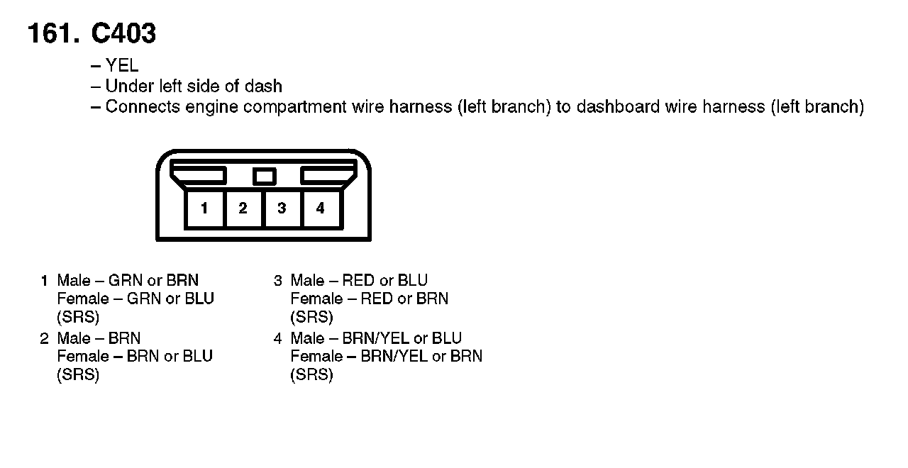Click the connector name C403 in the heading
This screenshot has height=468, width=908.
click(x=123, y=33)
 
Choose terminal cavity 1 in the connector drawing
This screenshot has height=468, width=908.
click(x=204, y=208)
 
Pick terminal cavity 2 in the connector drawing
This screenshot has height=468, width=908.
click(x=243, y=208)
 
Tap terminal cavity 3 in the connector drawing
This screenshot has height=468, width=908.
click(x=282, y=208)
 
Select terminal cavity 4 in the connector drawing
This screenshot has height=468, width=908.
click(x=321, y=208)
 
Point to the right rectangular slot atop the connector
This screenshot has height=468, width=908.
click(x=328, y=175)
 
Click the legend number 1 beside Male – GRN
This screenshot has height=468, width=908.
click(x=44, y=281)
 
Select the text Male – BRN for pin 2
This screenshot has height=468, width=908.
click(x=99, y=338)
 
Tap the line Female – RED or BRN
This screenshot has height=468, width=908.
click(x=369, y=299)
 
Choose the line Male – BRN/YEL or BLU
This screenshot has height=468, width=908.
click(x=376, y=338)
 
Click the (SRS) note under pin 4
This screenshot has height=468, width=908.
click(x=311, y=375)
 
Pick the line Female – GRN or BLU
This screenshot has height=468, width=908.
click(x=135, y=299)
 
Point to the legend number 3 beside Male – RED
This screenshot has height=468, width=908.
click(x=278, y=281)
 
